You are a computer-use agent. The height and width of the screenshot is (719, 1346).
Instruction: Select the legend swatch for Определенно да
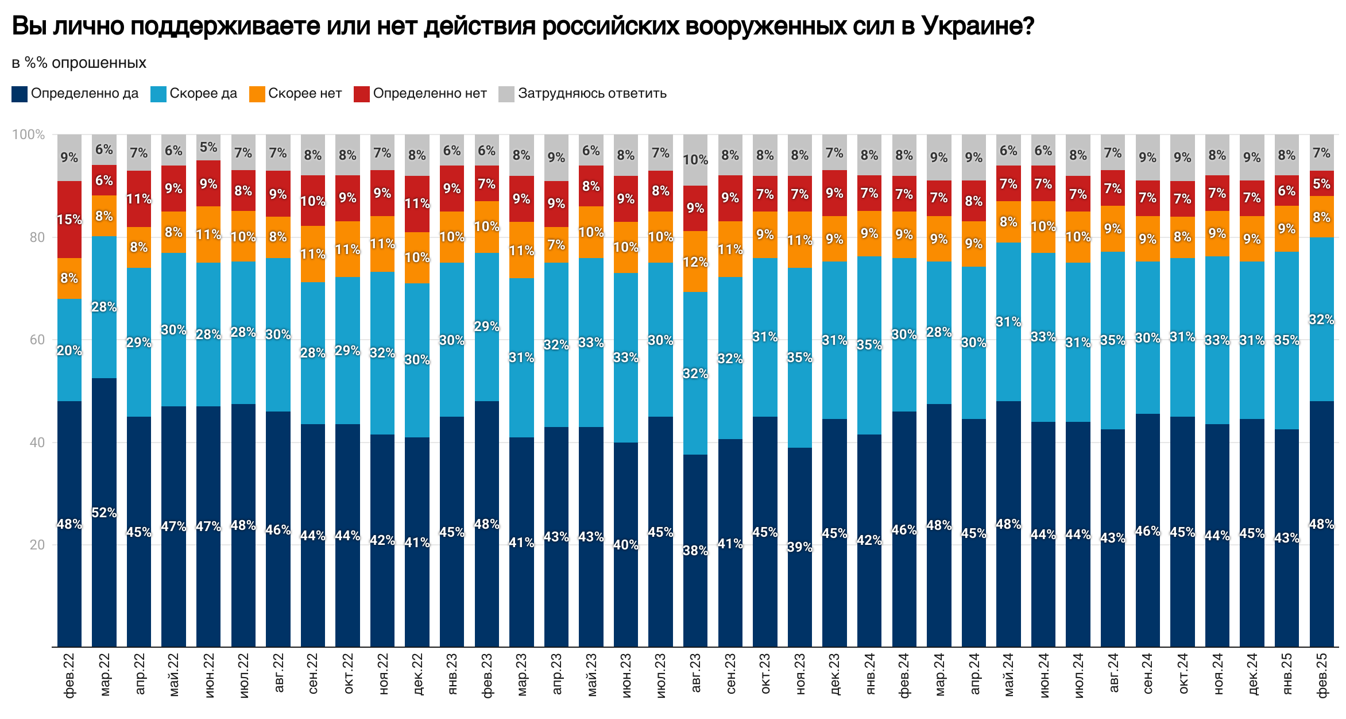coord(20,94)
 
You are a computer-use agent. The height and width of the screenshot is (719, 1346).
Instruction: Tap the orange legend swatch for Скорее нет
coord(257,94)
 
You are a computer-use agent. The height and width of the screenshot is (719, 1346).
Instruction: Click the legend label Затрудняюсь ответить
coord(592,94)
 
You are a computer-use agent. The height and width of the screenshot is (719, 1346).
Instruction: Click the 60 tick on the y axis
coord(37,340)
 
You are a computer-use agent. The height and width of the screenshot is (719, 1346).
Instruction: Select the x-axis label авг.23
coord(695,673)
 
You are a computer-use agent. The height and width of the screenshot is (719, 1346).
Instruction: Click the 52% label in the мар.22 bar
coord(104,513)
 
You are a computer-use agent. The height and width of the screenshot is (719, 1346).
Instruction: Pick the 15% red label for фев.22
coord(69,220)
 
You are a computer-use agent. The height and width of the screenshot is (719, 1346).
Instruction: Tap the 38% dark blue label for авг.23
coord(695,551)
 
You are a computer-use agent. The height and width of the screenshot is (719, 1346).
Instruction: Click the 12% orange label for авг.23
coord(695,262)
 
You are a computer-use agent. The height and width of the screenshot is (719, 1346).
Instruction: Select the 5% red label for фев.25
coord(1321,184)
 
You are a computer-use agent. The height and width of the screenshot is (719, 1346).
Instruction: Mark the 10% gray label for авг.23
coord(695,160)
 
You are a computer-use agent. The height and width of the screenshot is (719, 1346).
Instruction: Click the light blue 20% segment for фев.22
coord(69,351)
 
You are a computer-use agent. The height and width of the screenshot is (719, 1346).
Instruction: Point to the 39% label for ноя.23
coord(799,547)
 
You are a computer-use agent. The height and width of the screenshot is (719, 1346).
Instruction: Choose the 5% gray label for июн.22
coord(208,147)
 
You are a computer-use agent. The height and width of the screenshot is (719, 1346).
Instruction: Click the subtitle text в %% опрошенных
coord(79,63)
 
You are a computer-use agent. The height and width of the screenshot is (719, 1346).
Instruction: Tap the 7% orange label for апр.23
coord(556,245)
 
